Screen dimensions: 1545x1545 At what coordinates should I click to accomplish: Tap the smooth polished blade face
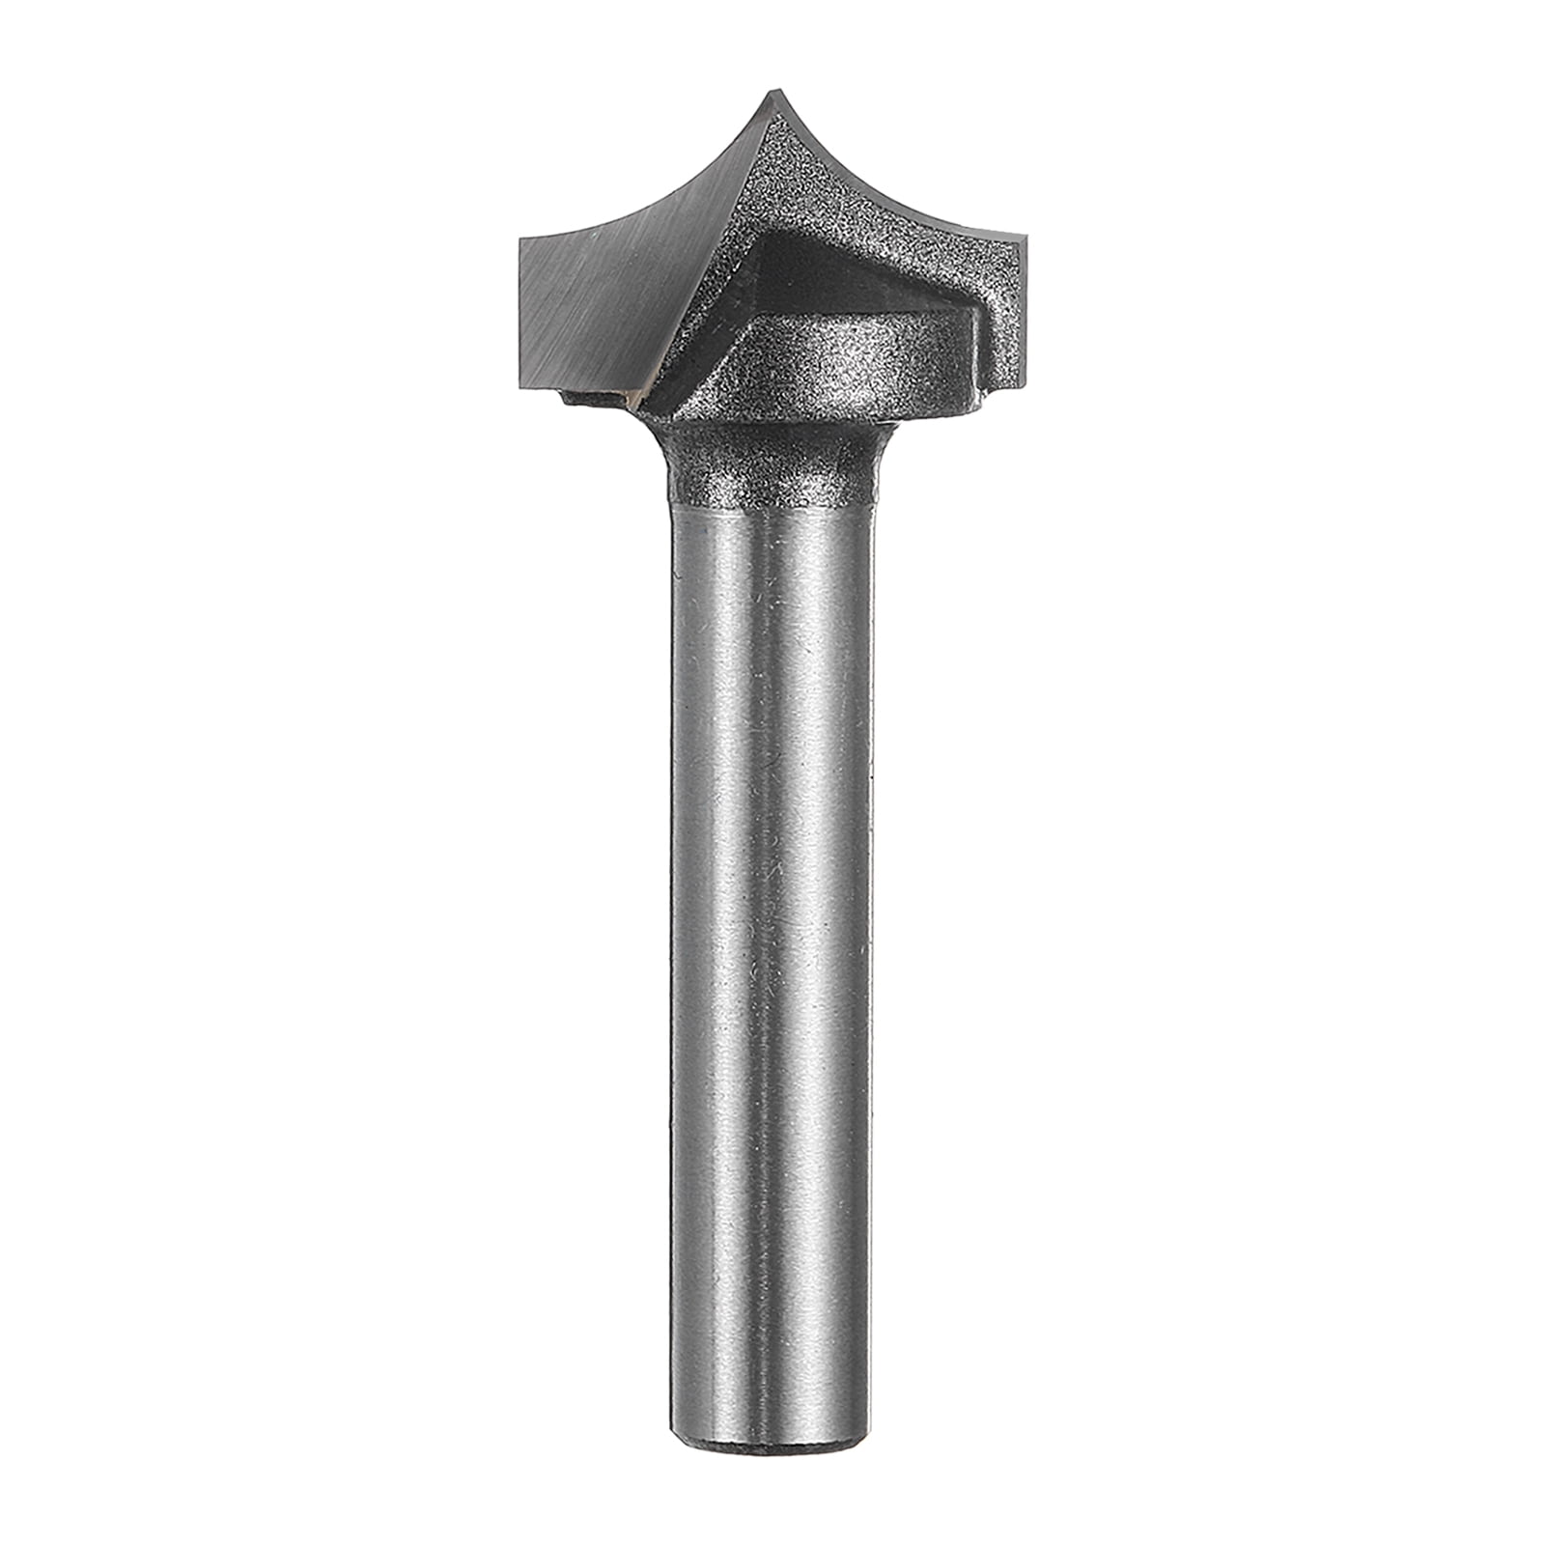click(x=618, y=290)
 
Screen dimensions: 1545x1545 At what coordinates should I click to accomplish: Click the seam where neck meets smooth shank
click(x=772, y=506)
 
